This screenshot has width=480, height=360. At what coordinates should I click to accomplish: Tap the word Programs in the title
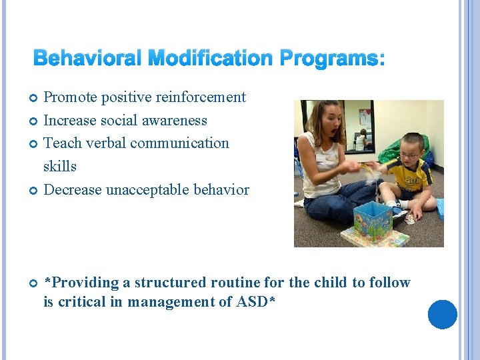click(x=329, y=59)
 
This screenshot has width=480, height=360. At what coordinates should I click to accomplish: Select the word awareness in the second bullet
click(x=176, y=121)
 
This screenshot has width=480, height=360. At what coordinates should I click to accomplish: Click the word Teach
click(x=61, y=143)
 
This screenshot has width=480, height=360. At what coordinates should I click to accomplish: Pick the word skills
click(x=60, y=167)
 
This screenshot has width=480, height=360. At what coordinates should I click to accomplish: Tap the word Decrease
click(x=73, y=190)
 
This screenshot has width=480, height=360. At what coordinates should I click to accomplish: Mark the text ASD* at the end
click(x=255, y=302)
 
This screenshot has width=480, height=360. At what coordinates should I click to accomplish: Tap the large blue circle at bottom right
click(x=442, y=315)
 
